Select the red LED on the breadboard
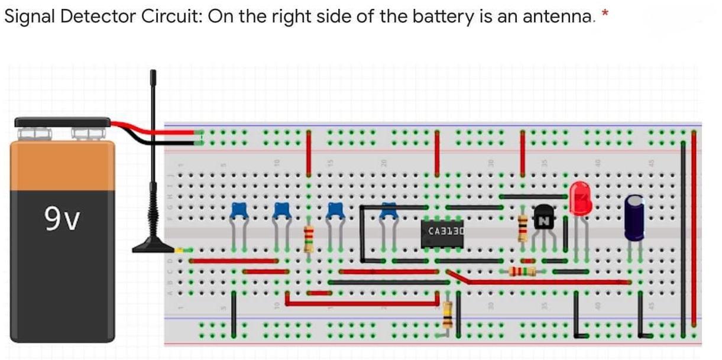pyautogui.click(x=581, y=198)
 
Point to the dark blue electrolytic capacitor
pyautogui.click(x=634, y=218)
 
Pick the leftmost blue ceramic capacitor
pyautogui.click(x=238, y=209)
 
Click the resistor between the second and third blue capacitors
pyautogui.click(x=308, y=238)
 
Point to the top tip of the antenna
pyautogui.click(x=153, y=73)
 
